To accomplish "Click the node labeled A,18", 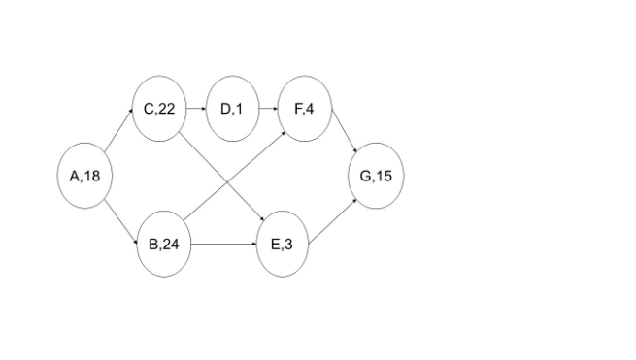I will click(x=84, y=176).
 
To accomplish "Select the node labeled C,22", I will click(x=158, y=109).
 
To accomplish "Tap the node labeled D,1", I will click(x=234, y=109).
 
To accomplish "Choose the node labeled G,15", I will click(x=376, y=176).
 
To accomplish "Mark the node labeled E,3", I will click(x=282, y=244).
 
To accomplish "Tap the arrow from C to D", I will click(x=195, y=109).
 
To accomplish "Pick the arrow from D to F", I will click(x=268, y=109).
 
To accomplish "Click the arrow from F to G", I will click(x=346, y=136).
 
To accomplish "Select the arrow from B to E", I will click(x=222, y=244).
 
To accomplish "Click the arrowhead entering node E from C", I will click(x=263, y=218).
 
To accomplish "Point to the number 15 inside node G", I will click(x=384, y=176).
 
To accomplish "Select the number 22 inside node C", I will click(x=166, y=109).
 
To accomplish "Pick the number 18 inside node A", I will click(x=91, y=176).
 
